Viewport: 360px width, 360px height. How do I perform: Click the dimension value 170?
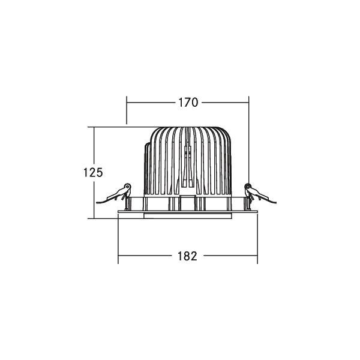point(187,103)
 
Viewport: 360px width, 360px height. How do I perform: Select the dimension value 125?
point(93,173)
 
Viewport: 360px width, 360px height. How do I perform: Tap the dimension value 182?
point(187,256)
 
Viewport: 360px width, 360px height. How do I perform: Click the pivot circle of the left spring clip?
point(127,187)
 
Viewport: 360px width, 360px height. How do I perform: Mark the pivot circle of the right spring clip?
point(248,187)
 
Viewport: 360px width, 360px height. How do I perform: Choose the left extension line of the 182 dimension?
point(118,240)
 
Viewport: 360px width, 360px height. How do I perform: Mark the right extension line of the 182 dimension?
point(257,240)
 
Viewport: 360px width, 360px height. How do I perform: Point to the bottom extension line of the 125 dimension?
point(105,218)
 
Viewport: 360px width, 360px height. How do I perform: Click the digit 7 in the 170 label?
point(187,103)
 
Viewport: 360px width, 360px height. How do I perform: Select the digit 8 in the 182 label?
point(187,256)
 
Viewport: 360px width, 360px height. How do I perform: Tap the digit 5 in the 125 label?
point(100,173)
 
